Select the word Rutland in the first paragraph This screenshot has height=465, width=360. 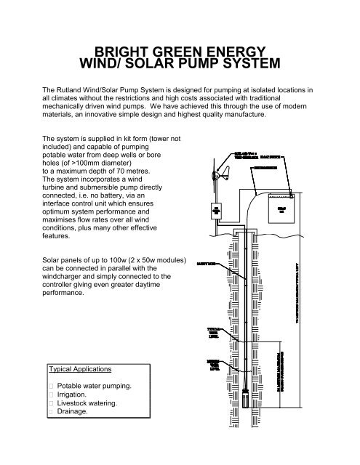72,89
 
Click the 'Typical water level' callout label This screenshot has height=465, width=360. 215,333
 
